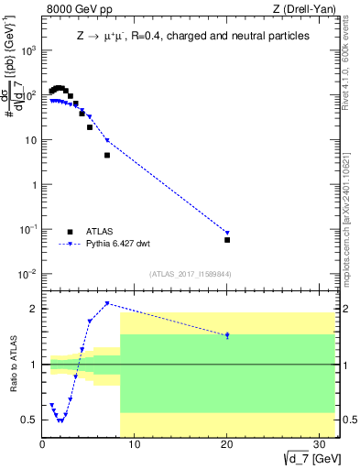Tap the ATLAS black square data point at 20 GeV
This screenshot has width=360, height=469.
[227, 240]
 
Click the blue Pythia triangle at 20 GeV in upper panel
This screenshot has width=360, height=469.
[227, 233]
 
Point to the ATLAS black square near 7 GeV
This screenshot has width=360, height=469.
[107, 156]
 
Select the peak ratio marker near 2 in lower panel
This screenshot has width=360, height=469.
[107, 303]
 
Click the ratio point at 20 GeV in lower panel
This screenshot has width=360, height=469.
[227, 336]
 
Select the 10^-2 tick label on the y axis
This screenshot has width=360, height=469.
[27, 274]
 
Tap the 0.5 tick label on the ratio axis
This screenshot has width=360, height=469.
[29, 420]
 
